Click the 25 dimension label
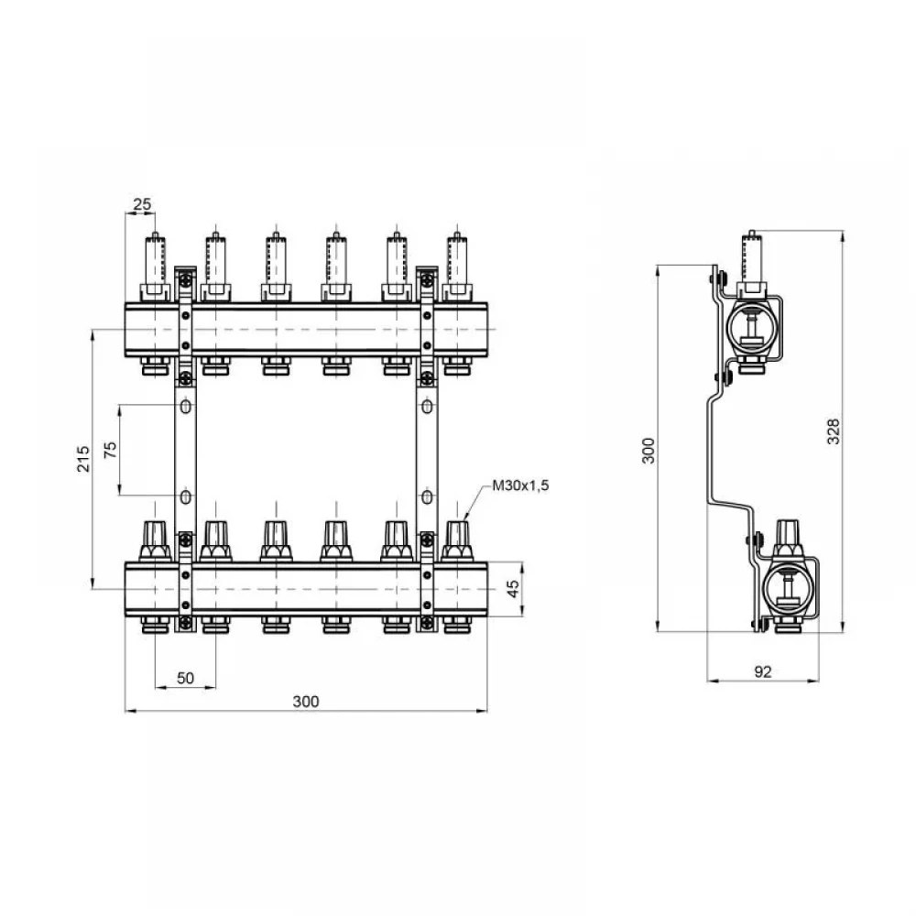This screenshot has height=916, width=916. tap(142, 204)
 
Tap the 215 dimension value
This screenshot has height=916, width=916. tap(83, 459)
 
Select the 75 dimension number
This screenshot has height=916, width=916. tap(110, 450)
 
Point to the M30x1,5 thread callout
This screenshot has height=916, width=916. tap(520, 485)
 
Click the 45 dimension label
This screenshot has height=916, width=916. tap(512, 589)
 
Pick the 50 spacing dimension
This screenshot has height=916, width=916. tap(185, 678)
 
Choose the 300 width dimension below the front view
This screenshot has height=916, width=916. tap(306, 702)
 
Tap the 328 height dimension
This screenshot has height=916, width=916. tap(834, 431)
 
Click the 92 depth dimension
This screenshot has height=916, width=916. tap(763, 671)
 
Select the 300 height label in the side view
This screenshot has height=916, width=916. tap(649, 451)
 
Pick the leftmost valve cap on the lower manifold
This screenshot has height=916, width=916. tap(155, 541)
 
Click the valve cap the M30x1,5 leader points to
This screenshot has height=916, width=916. tap(457, 541)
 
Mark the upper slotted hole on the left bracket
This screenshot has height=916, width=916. tap(186, 406)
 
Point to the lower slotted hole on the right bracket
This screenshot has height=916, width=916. tap(428, 497)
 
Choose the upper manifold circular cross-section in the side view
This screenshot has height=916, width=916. tap(749, 330)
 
